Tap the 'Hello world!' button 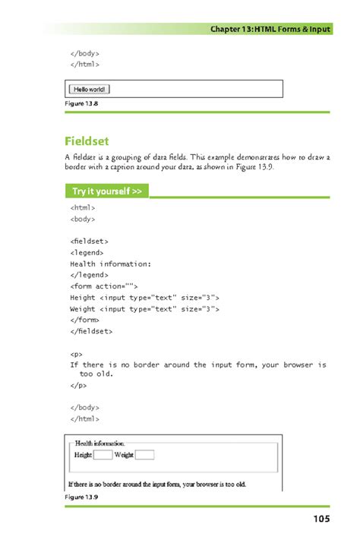pos(90,89)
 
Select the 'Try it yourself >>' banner pos(106,191)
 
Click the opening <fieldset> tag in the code pos(89,240)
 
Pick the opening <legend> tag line pos(86,251)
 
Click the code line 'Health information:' pos(111,264)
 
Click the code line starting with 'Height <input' pos(144,298)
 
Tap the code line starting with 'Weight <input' pos(144,309)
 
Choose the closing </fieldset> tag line pos(91,332)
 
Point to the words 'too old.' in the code pos(97,374)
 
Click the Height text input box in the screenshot pos(103,455)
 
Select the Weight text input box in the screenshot pos(144,455)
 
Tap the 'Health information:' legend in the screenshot pos(99,443)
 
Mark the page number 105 pos(320,519)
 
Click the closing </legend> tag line pos(89,275)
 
